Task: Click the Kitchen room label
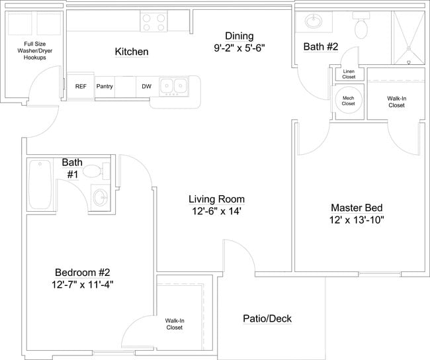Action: (132, 52)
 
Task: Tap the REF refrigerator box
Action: (81, 86)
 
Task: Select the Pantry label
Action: (105, 86)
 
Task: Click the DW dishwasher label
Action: (146, 86)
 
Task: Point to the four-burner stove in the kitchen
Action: (154, 22)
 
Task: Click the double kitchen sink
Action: (175, 85)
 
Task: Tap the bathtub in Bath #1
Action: (41, 185)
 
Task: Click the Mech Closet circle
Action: (348, 101)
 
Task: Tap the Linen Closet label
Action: (349, 75)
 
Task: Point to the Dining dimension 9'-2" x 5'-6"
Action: (239, 48)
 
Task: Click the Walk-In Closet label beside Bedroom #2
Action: (175, 324)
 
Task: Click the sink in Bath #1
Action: (101, 197)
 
